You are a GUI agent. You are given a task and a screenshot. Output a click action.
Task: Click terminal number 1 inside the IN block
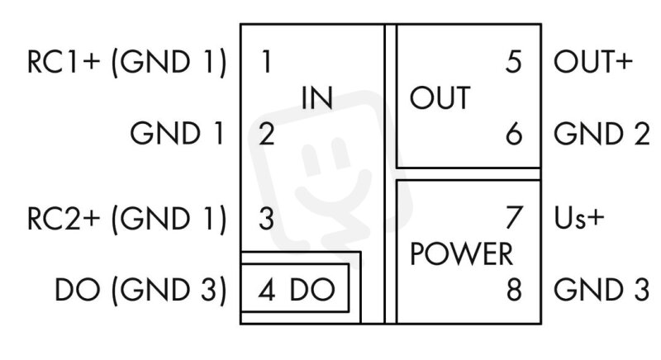pos(266,61)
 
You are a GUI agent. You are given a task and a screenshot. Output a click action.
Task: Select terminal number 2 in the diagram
pos(266,135)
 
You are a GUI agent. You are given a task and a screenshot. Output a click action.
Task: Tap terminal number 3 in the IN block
pos(266,218)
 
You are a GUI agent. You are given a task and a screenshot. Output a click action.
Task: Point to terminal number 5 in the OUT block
pos(514,61)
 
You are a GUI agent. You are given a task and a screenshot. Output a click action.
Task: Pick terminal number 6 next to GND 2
pos(514,135)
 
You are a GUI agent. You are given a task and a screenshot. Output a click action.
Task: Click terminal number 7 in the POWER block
pos(515,218)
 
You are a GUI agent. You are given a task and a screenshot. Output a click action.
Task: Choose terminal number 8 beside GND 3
pos(514,290)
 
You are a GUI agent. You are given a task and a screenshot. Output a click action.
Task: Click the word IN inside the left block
pos(317,97)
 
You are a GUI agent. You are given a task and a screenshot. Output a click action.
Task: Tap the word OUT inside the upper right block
pos(440,97)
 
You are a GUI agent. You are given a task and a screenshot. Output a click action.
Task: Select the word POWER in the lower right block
pos(461,253)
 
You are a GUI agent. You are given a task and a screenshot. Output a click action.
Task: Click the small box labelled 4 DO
pos(295,288)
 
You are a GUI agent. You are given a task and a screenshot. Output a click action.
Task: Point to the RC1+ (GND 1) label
pos(126,62)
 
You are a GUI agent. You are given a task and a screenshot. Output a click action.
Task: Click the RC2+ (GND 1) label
pos(126,219)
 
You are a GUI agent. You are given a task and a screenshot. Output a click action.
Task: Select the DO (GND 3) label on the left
pos(140,290)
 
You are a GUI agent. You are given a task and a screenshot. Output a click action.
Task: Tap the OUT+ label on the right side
pos(593,61)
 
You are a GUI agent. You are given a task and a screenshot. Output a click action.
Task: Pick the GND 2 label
pos(602,135)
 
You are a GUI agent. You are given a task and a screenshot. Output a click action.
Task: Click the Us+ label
pos(579,218)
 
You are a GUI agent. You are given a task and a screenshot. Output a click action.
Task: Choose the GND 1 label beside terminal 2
pos(177,134)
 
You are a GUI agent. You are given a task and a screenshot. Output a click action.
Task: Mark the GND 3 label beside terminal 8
pos(602,290)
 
